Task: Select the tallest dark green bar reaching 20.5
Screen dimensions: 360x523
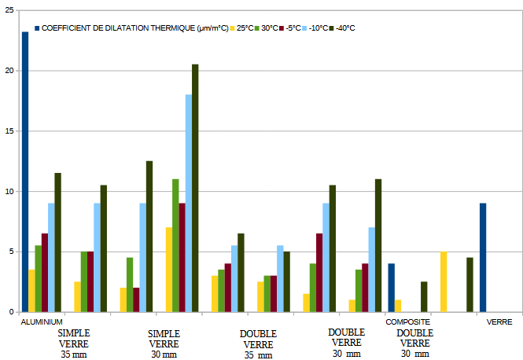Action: click(x=195, y=188)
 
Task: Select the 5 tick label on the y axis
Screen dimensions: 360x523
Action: click(x=12, y=252)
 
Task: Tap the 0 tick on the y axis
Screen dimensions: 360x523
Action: click(x=12, y=312)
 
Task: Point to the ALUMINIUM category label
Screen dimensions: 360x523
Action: click(x=42, y=322)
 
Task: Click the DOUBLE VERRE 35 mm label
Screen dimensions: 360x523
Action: click(x=258, y=344)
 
